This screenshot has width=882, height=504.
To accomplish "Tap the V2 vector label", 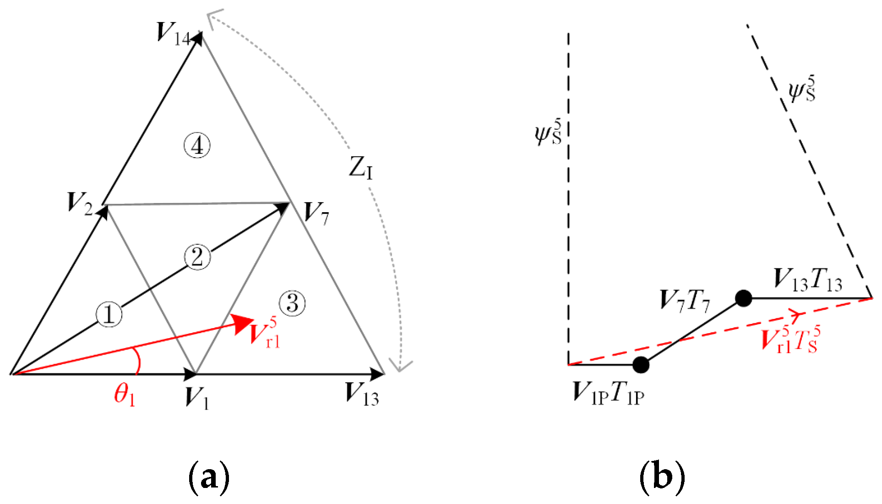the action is tap(80, 204).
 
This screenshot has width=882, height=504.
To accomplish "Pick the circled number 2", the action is tap(197, 257).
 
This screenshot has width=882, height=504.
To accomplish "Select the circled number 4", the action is tap(197, 146).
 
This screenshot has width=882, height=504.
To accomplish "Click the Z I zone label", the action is tap(361, 168).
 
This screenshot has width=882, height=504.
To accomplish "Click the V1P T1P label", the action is tap(609, 393).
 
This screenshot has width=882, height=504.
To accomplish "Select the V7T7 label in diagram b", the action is tap(685, 301).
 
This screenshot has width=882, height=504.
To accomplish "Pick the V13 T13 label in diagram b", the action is tap(808, 279).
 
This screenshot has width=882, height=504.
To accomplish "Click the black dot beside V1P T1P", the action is tap(641, 365).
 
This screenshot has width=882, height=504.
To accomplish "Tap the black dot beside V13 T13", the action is tap(743, 298).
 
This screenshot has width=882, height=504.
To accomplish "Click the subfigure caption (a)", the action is tap(209, 478).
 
